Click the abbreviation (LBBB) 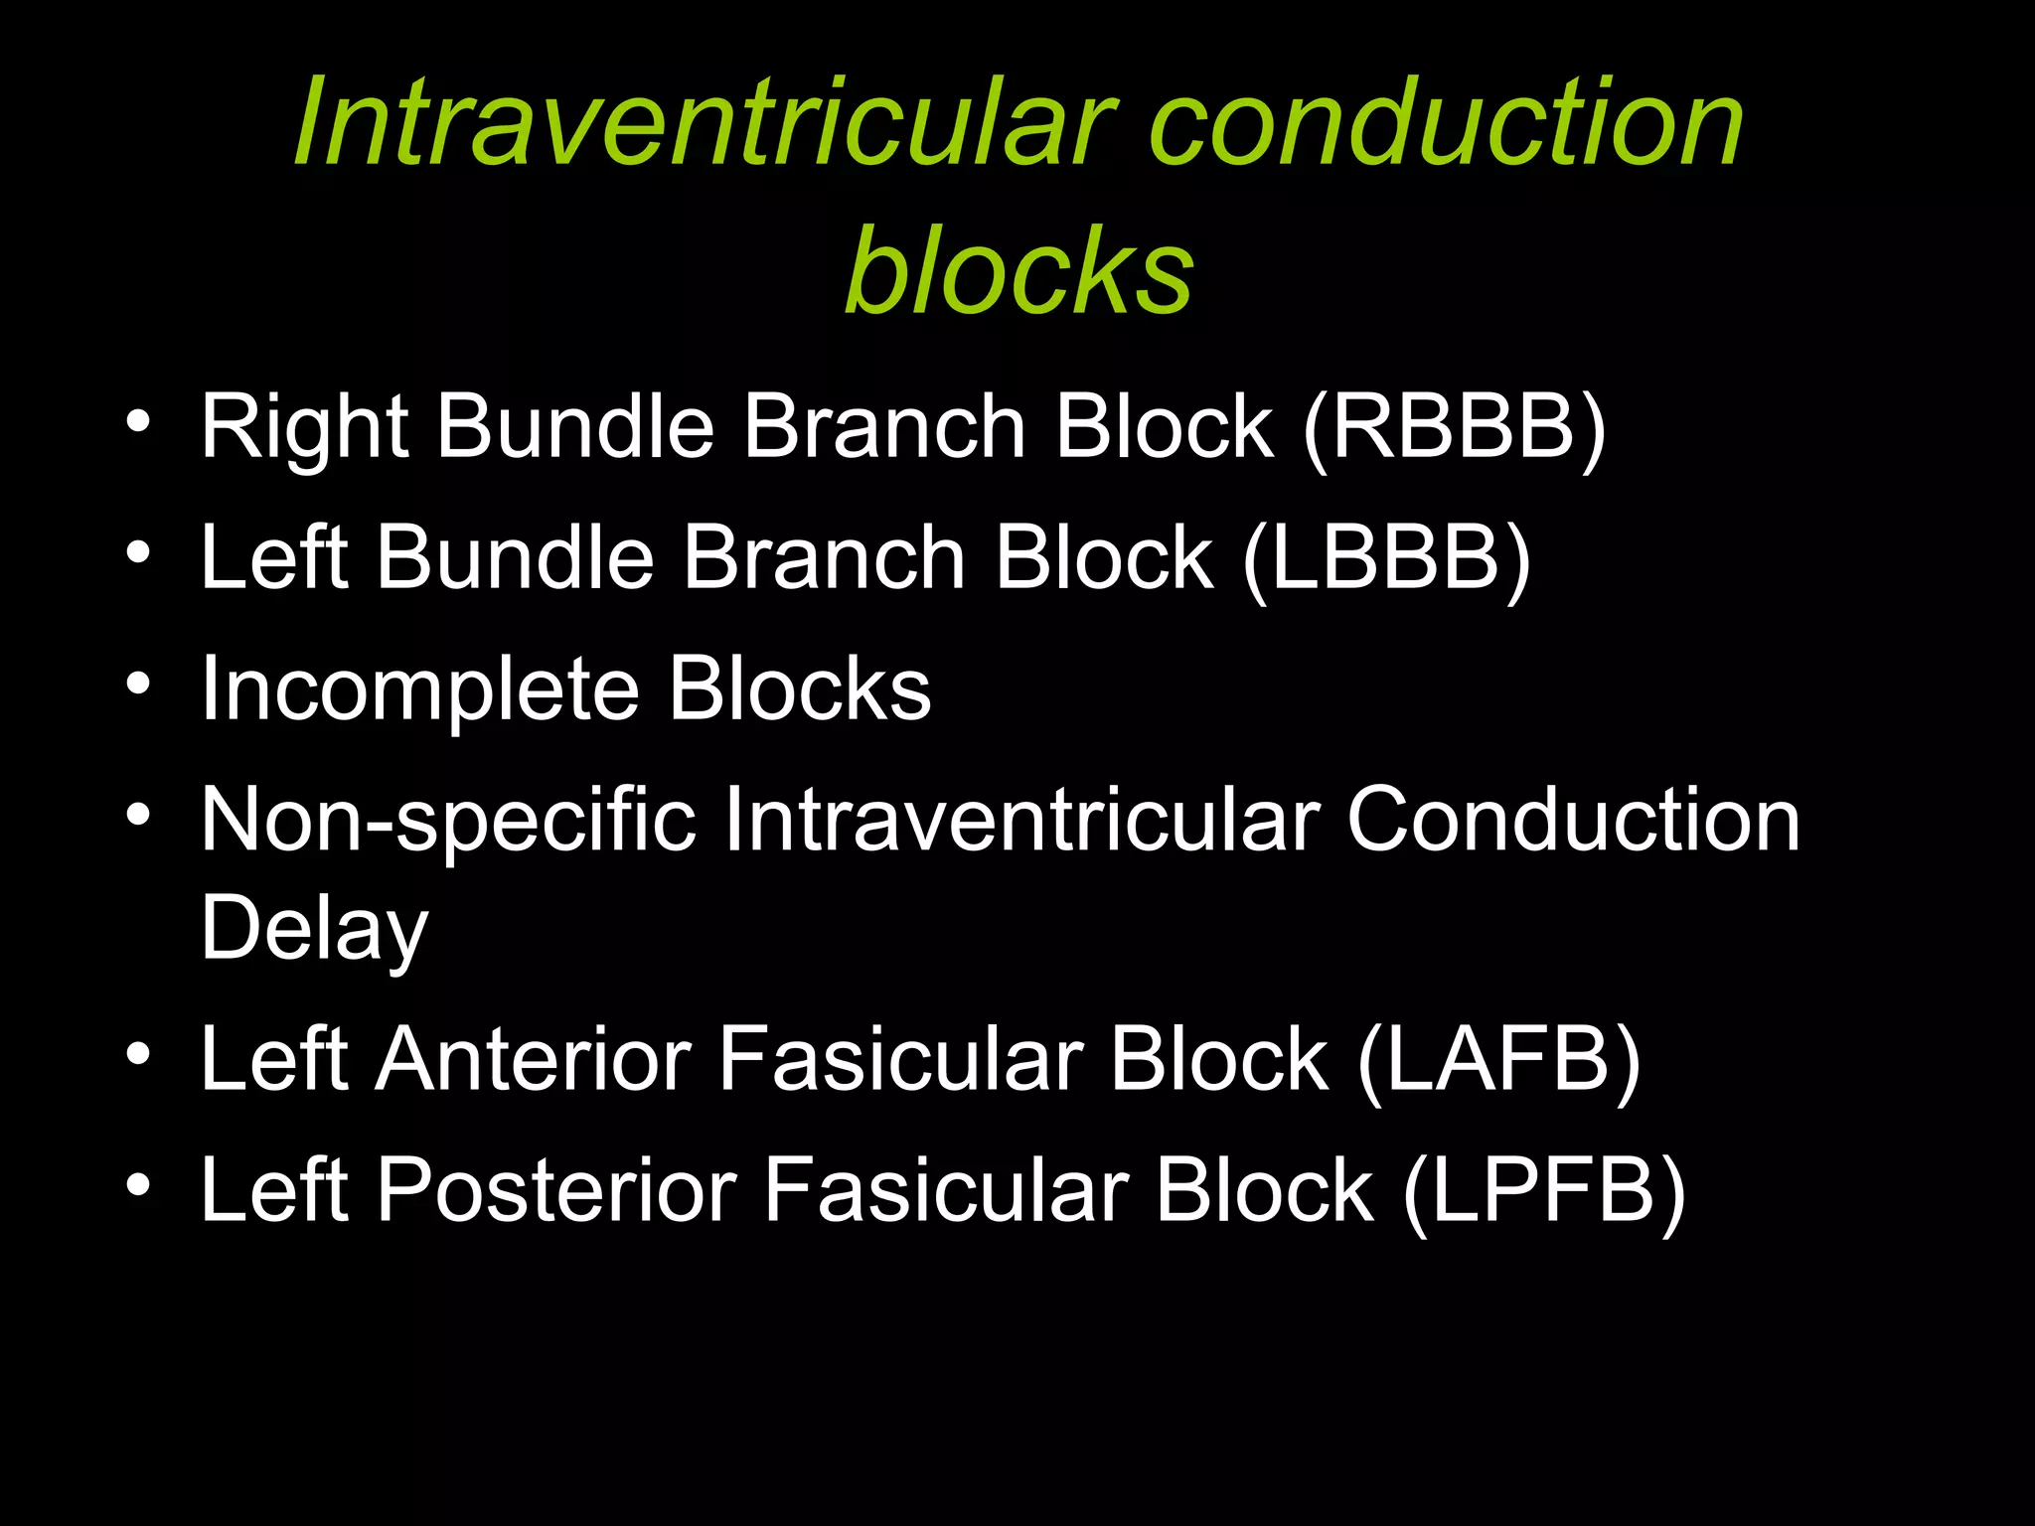tap(1386, 558)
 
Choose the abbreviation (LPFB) tap(1544, 1191)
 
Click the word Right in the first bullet tap(304, 429)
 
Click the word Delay tap(314, 930)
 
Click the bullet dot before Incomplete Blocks tap(138, 685)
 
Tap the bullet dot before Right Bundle tap(138, 422)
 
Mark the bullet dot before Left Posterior tap(138, 1185)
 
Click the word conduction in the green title tap(1445, 123)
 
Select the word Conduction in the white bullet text tap(1572, 821)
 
